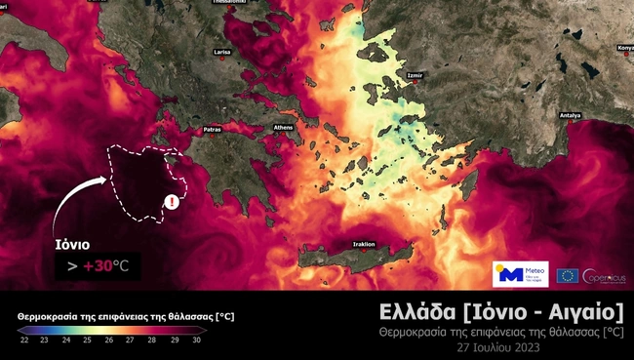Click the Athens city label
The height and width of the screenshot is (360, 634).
284,128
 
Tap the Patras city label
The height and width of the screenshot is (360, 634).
213,129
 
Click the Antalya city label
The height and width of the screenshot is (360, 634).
570,114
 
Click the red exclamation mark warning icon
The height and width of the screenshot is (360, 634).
173,202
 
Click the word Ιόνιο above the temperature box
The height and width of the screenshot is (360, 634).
72,245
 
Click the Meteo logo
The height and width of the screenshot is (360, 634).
521,274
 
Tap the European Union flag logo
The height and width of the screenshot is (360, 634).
568,275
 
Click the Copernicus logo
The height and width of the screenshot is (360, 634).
605,275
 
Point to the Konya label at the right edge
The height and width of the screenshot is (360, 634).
624,46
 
